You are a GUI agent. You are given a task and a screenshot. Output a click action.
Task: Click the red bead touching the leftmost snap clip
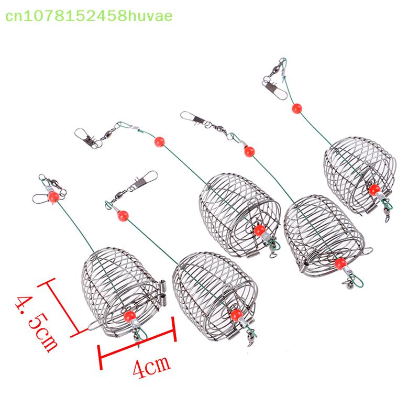pyautogui.click(x=53, y=196)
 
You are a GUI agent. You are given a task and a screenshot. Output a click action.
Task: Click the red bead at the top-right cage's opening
pyautogui.click(x=373, y=190)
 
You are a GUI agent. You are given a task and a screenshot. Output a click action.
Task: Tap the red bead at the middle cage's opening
pyautogui.click(x=259, y=230)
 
